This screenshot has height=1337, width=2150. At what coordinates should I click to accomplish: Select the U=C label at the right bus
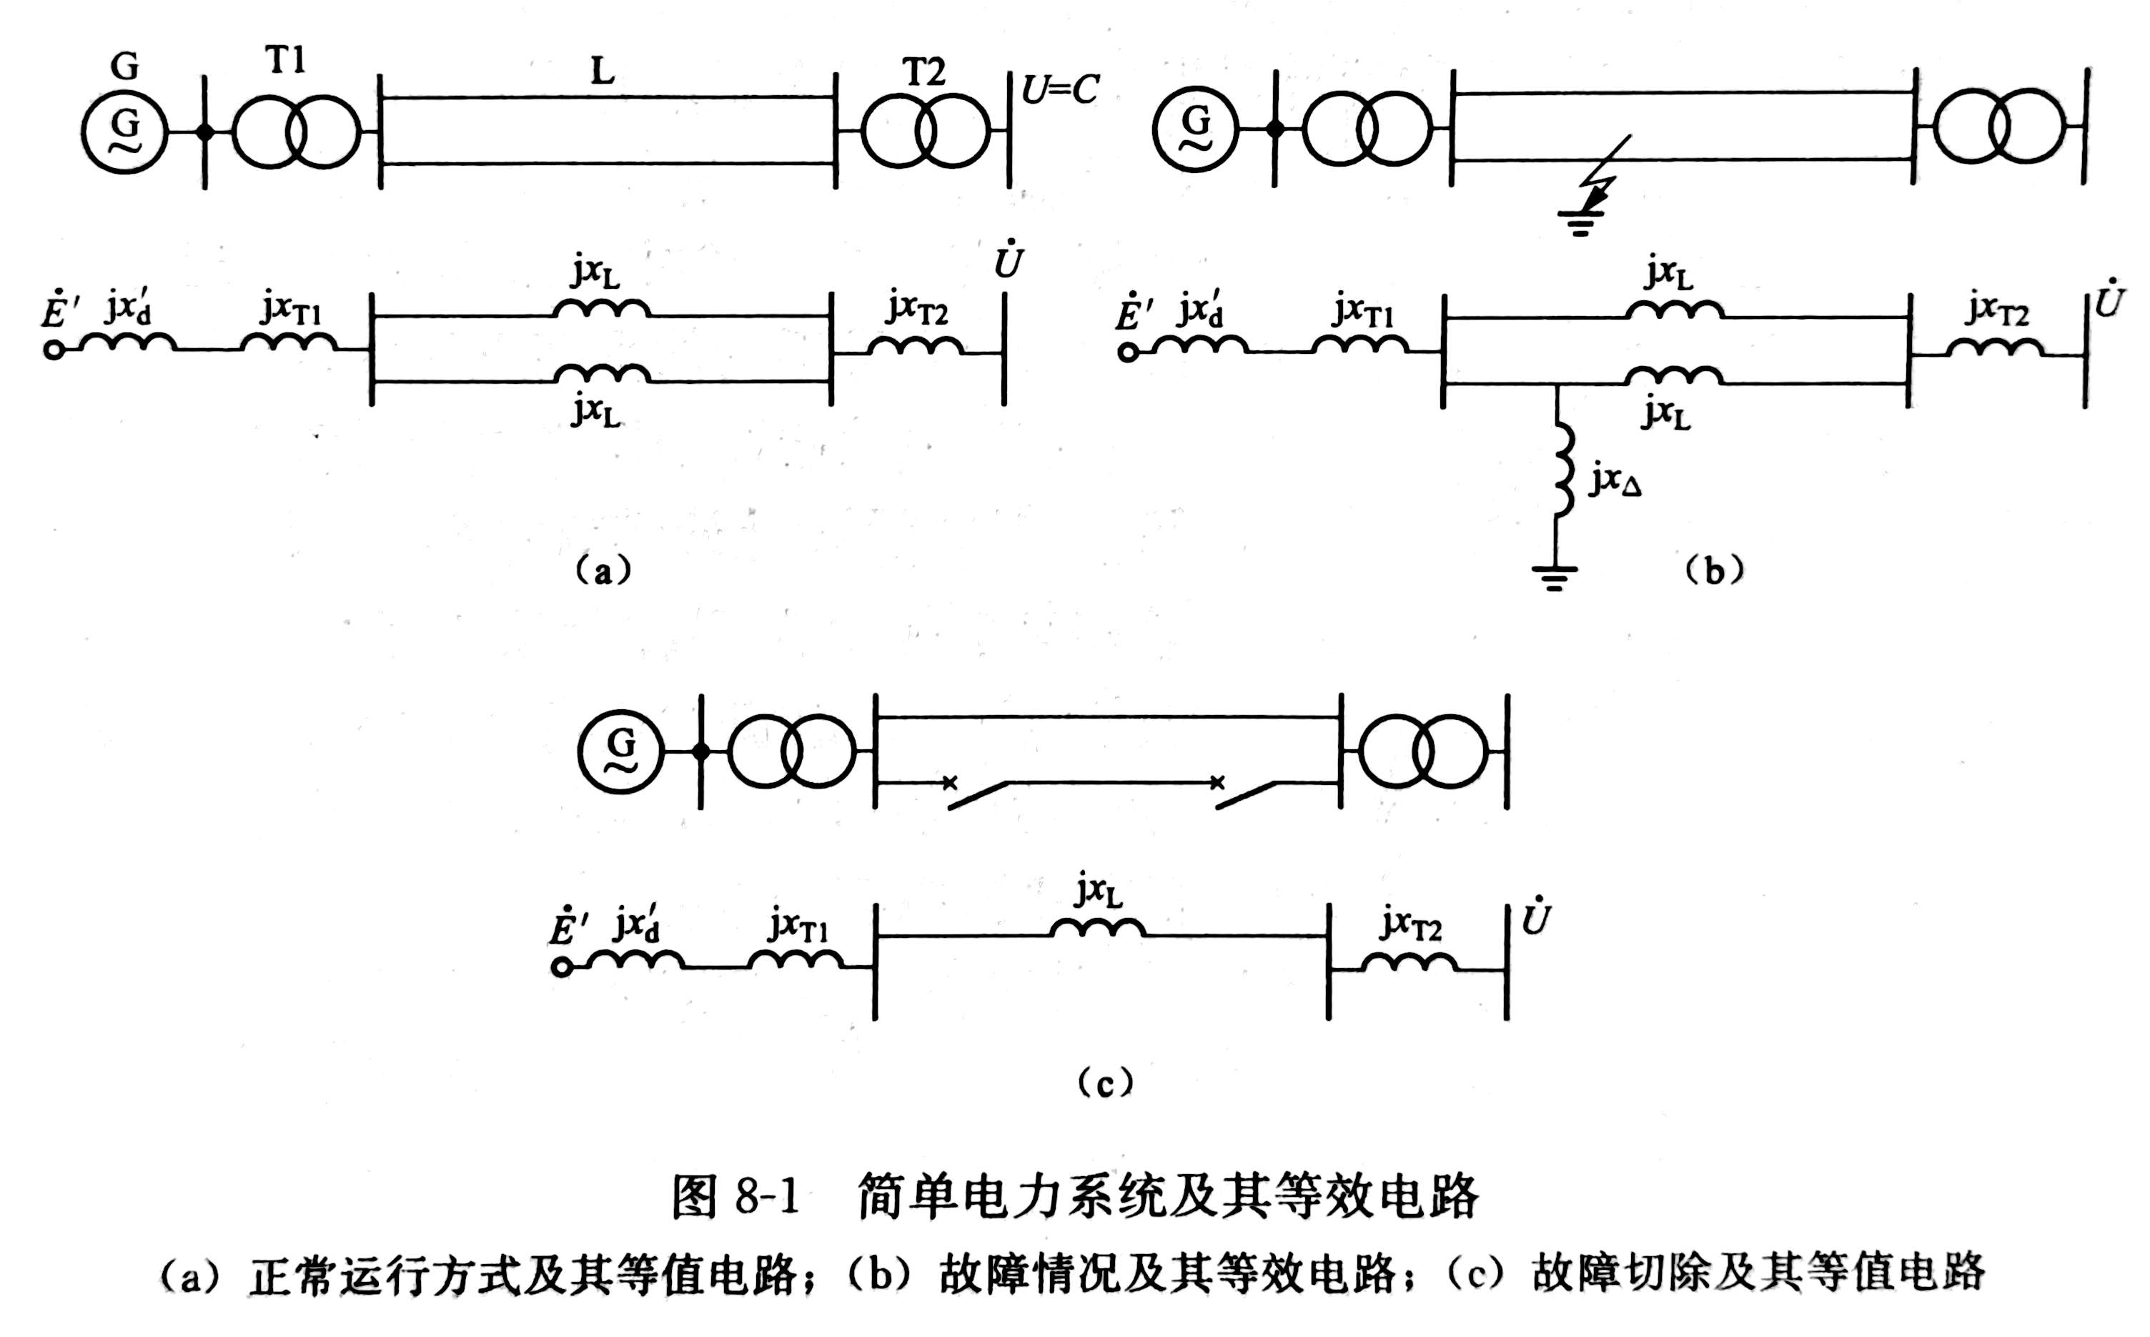click(x=1060, y=89)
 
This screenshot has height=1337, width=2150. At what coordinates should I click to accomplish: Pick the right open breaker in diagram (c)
click(x=1244, y=792)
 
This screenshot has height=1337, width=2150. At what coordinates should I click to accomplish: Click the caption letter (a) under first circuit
click(x=603, y=571)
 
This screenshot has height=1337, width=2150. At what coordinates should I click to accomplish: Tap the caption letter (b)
click(x=1714, y=571)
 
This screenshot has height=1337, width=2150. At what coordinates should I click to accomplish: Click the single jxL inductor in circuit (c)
click(x=1098, y=927)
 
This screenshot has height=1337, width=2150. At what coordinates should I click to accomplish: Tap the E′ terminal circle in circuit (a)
click(x=54, y=351)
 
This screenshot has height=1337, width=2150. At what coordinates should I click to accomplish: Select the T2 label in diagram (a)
click(x=923, y=71)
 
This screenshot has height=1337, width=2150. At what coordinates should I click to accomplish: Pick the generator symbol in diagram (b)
click(x=1196, y=129)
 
